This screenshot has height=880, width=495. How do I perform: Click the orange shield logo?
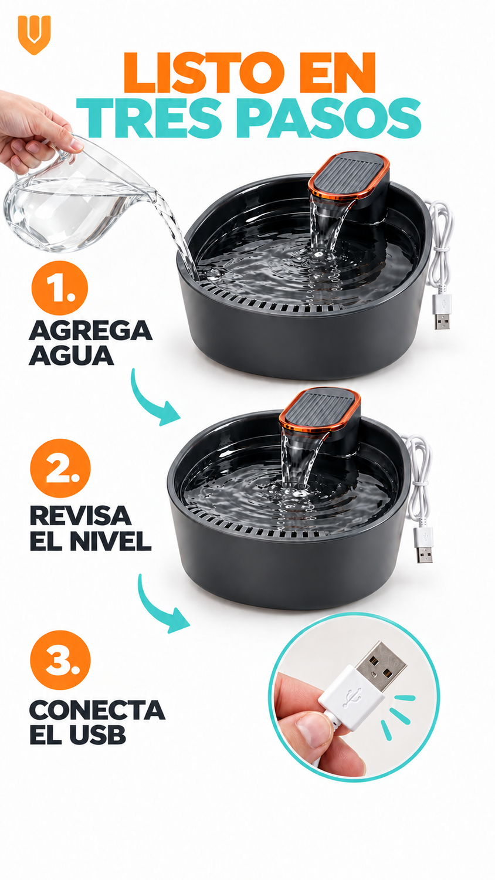(x=34, y=35)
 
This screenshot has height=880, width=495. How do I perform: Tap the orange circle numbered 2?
(x=60, y=468)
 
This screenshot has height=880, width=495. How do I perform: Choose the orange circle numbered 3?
(x=60, y=659)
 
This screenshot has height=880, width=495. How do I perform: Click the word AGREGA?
(x=90, y=331)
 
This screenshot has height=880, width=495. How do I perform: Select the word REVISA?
(x=80, y=515)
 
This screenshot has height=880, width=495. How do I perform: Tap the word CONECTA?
(x=97, y=710)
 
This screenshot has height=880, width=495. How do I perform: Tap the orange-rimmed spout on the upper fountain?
(x=349, y=175)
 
